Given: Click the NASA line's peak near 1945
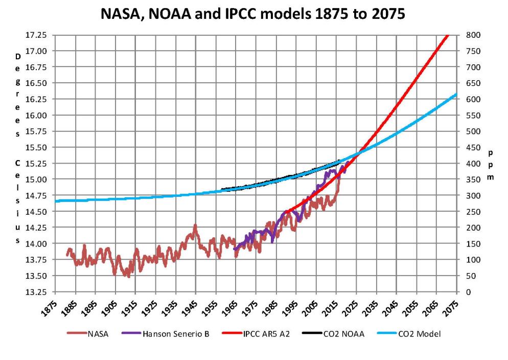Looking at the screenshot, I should pos(195,226).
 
